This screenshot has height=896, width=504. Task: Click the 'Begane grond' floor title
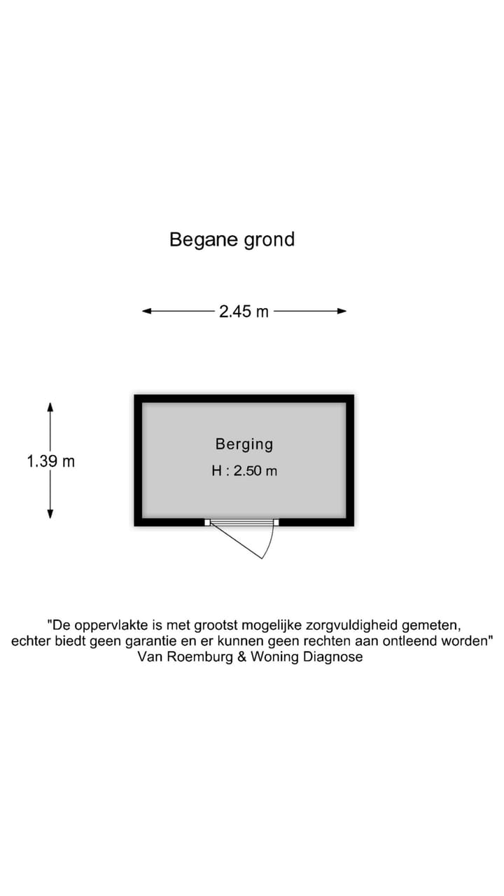tap(232, 240)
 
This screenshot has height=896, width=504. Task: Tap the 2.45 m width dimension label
tap(244, 311)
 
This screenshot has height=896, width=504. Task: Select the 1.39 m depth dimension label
tap(51, 461)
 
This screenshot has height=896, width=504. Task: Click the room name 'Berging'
tap(244, 444)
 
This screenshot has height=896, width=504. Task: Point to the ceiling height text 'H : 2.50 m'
tap(244, 471)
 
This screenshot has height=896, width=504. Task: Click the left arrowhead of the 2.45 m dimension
tap(147, 311)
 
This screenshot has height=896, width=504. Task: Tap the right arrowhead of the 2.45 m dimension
tap(342, 311)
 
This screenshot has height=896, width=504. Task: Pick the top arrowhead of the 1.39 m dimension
tap(50, 407)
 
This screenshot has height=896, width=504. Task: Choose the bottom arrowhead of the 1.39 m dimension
tap(50, 514)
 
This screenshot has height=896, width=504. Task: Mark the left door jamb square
tap(207, 522)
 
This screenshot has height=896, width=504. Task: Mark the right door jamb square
tap(276, 522)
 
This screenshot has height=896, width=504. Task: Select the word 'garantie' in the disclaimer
tap(150, 641)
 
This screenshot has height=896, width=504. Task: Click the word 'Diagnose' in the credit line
tap(332, 657)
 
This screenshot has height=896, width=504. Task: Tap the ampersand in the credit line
tap(242, 657)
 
